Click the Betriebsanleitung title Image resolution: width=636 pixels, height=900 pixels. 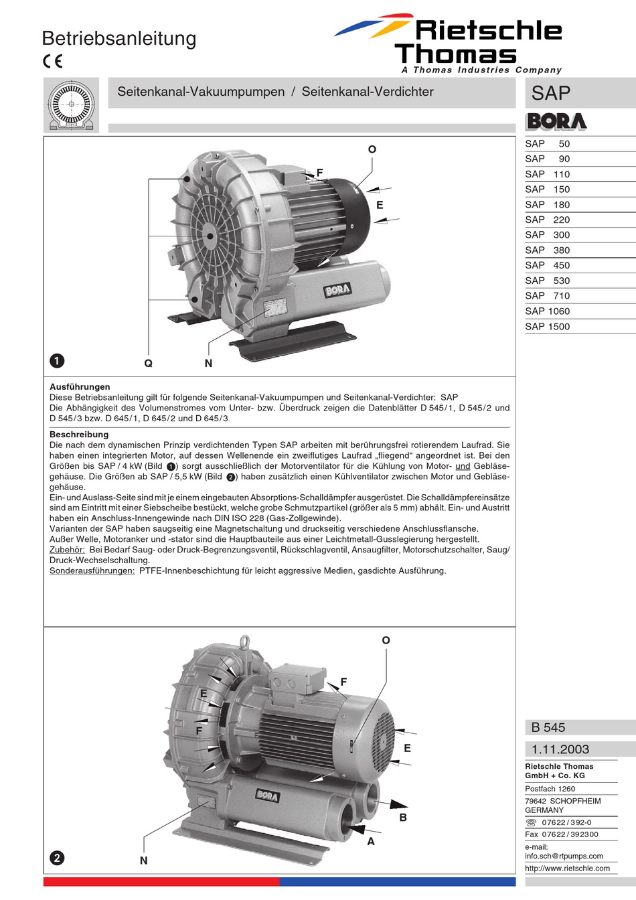pos(119,39)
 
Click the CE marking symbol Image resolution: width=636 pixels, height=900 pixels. pos(52,62)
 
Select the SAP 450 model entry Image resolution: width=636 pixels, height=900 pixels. pos(547,265)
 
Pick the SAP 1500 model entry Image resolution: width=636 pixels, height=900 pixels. pos(547,327)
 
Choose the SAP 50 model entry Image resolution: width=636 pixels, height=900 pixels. pos(547,144)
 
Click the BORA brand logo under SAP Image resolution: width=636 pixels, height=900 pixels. pos(556,121)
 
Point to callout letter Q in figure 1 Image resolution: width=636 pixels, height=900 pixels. pos(149,364)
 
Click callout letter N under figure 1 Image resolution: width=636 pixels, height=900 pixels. pos(208,364)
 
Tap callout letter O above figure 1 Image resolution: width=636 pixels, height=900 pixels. pos(372,149)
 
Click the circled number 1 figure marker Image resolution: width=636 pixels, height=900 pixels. pos(57,361)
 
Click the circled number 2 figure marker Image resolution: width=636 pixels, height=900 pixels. pos(57,858)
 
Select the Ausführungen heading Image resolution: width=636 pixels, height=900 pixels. pos(80,387)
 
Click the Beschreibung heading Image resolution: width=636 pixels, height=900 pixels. pos(79,435)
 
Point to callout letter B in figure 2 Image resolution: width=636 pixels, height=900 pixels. pos(403,818)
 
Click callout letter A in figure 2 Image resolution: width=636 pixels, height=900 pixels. pos(371,842)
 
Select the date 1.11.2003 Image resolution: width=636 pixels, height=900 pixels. pos(560,749)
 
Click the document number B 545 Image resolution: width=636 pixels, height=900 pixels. pos(548,727)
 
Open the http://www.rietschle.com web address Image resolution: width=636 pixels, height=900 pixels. pos(567,869)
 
